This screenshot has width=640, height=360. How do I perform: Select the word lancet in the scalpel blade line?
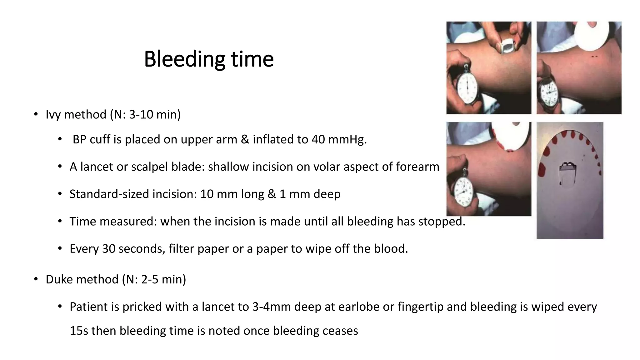tap(97, 167)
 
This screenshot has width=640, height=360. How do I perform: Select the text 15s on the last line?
tap(78, 331)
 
